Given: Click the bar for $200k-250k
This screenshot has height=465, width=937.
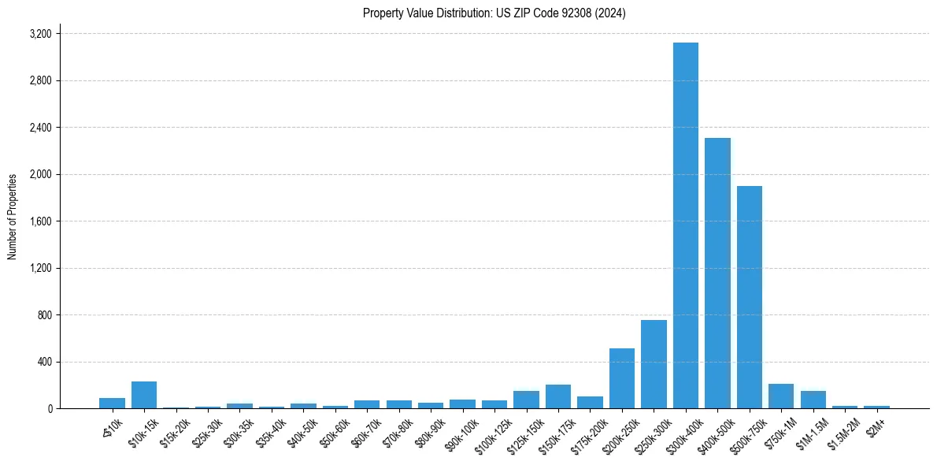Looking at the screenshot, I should (622, 378).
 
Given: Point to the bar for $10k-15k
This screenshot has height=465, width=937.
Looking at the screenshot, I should (144, 395).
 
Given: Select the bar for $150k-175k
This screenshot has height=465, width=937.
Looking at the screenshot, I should (558, 396).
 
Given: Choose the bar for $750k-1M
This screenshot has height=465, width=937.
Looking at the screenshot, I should (781, 396).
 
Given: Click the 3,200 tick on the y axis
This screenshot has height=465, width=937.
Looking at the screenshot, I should (40, 34).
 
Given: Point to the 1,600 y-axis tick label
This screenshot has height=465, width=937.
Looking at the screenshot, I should (40, 221).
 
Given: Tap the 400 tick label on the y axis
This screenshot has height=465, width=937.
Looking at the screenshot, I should (44, 362).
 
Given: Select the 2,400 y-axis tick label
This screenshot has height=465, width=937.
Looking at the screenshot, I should (40, 128).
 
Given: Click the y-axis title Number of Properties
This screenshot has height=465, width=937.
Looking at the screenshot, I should (13, 217).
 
